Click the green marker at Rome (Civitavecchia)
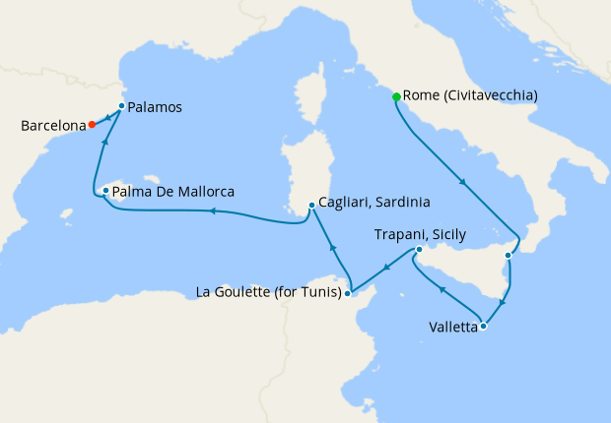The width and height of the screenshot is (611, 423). [x=396, y=96]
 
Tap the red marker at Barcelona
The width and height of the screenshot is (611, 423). [x=92, y=125]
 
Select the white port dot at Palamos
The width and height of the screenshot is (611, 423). [x=121, y=106]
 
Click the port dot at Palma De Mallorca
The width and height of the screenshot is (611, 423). [x=105, y=190]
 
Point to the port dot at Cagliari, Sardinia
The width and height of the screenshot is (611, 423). [x=311, y=205]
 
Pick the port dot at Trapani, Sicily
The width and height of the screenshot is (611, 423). [x=419, y=250]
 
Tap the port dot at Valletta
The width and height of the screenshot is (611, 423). [x=483, y=326]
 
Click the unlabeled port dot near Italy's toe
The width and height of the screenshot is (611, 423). [x=508, y=256]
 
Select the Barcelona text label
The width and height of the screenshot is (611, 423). [x=51, y=126]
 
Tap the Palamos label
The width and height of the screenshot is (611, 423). [x=158, y=106]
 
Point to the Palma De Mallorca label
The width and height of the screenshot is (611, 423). [x=172, y=191]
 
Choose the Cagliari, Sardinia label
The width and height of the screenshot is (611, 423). [x=374, y=204]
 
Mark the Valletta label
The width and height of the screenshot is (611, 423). [x=453, y=326]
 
